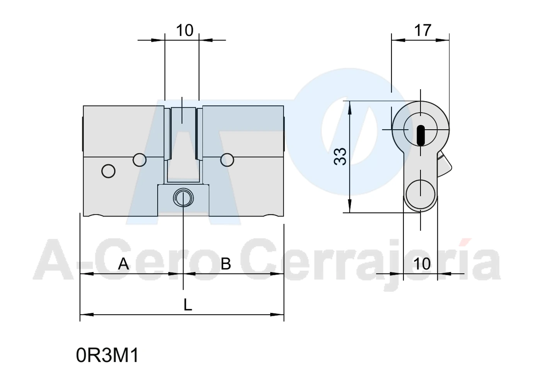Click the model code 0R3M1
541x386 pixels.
coord(107,356)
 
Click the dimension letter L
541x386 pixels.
coord(188,305)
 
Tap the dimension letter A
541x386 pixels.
coord(123,264)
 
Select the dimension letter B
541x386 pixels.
coord(226,264)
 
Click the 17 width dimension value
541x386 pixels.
coord(422,30)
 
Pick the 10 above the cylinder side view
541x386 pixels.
coord(185,30)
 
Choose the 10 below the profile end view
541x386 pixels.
coord(422,264)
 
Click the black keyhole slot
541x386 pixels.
coord(420,135)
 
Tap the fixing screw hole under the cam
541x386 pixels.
coord(183,198)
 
